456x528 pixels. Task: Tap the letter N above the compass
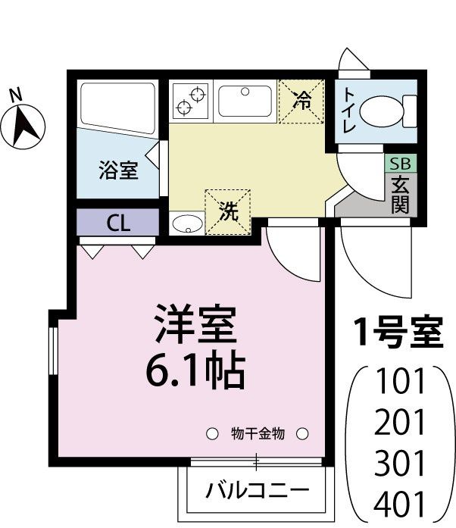pyautogui.click(x=14, y=95)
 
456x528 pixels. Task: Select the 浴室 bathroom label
pyautogui.click(x=117, y=170)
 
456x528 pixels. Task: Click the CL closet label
pyautogui.click(x=117, y=223)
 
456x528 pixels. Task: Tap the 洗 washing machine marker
pyautogui.click(x=227, y=211)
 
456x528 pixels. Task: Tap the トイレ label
pyautogui.click(x=348, y=111)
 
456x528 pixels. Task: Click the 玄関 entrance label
pyautogui.click(x=399, y=194)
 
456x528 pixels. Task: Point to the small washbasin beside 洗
pyautogui.click(x=186, y=224)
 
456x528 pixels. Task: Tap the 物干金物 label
pyautogui.click(x=257, y=434)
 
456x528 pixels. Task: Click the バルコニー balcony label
pyautogui.click(x=258, y=490)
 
